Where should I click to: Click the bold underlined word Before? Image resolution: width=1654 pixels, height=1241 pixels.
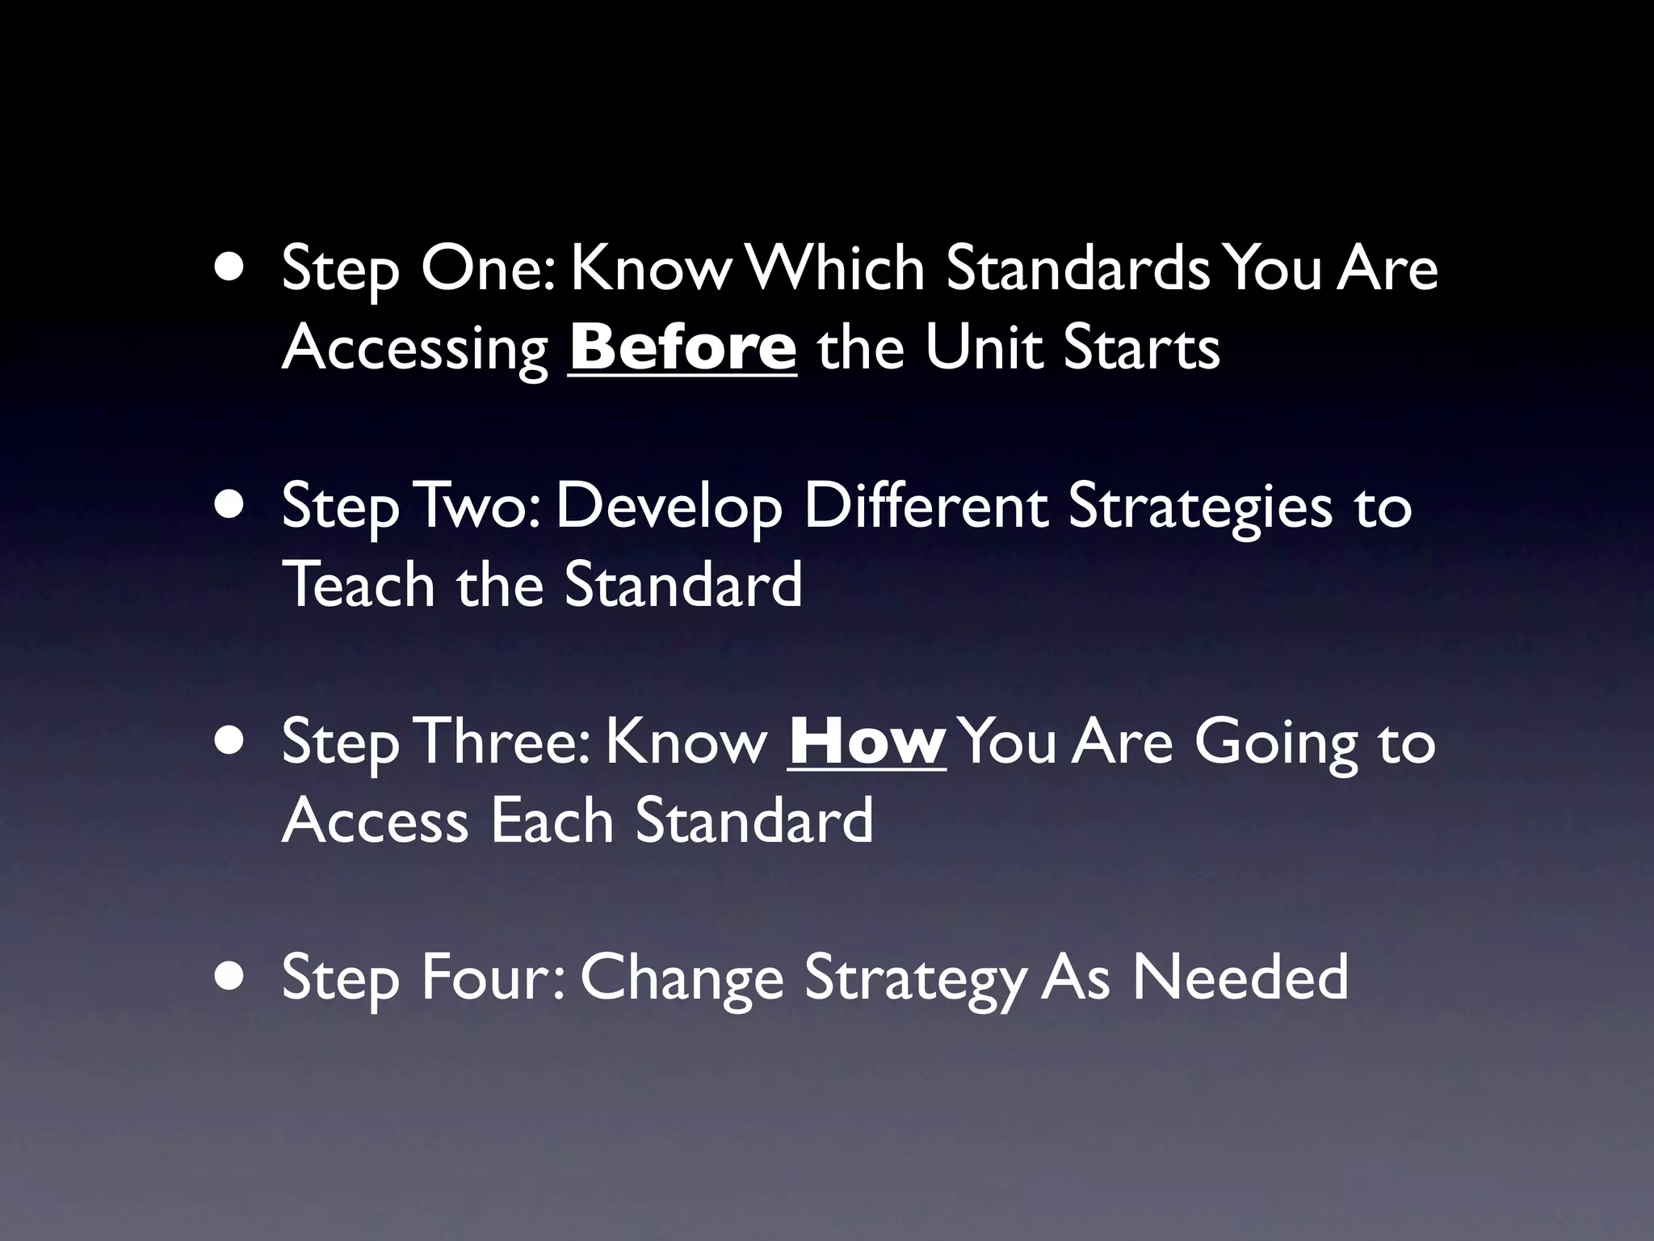[682, 347]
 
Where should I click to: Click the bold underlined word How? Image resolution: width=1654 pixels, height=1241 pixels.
[867, 742]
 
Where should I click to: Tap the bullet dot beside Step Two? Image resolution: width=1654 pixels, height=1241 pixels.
[232, 505]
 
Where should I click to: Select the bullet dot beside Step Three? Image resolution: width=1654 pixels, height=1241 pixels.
[232, 741]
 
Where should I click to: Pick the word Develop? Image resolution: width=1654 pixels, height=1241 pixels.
[669, 507]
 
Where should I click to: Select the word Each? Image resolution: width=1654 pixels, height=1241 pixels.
[552, 820]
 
